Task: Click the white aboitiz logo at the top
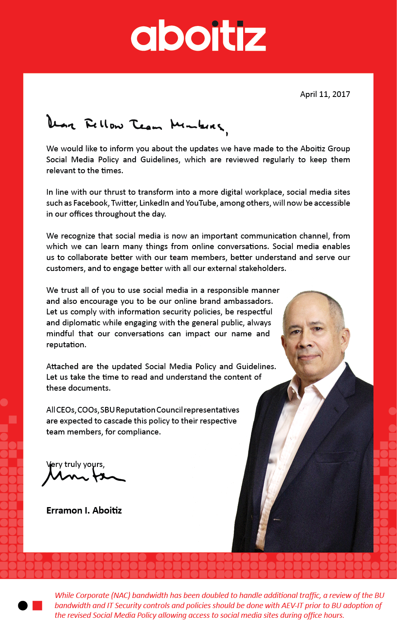coord(198,36)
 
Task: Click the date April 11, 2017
coord(325,95)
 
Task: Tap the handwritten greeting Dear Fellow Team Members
coord(136,124)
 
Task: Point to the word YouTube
coord(201,203)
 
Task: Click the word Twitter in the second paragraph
coord(124,203)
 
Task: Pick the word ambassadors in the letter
coord(248,301)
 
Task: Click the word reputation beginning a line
coord(66,345)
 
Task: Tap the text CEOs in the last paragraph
coord(65,410)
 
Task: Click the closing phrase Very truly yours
coord(76,464)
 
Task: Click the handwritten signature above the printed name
coord(83,475)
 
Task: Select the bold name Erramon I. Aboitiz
coord(84,511)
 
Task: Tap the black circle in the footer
coord(23,606)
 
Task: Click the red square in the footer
coord(37,606)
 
